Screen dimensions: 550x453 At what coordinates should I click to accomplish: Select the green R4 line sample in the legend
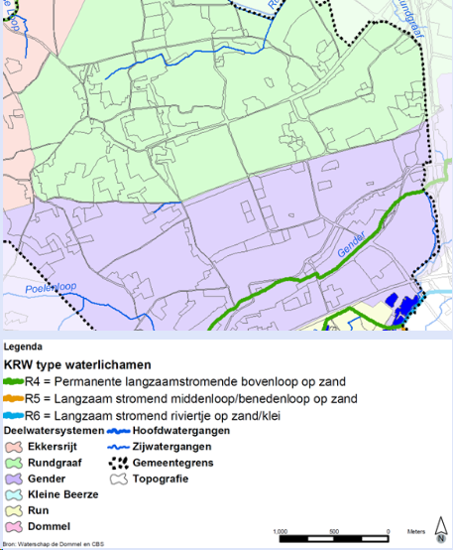(x=14, y=380)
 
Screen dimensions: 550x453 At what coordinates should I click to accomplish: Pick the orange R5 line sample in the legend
(x=14, y=398)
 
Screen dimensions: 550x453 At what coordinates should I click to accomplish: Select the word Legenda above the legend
(x=24, y=347)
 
